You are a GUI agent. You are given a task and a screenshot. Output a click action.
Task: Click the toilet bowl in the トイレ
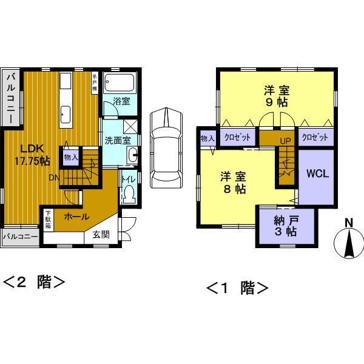point(129,194)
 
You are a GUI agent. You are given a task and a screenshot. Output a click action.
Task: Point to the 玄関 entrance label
point(101,235)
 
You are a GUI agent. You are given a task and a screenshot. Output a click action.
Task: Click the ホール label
point(76,217)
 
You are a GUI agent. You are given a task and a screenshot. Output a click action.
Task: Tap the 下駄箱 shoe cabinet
point(48,217)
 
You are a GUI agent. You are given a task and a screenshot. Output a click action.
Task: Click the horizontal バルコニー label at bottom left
point(21,236)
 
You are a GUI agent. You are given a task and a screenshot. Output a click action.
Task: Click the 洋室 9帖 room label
point(277,96)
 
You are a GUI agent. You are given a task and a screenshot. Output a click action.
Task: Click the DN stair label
point(54,178)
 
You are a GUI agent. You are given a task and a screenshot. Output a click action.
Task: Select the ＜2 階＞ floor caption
point(35,282)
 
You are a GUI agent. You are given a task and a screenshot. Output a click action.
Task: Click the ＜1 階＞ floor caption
point(238,287)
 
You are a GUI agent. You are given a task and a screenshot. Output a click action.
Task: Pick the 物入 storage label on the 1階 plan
point(207,138)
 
